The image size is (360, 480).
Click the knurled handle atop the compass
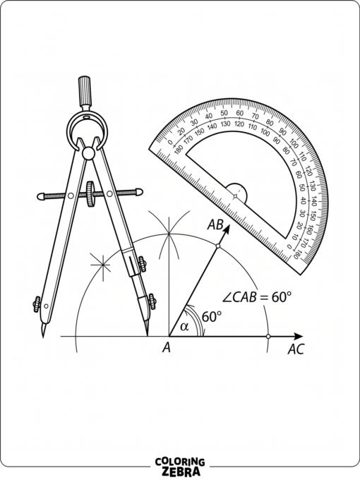pos(85,91)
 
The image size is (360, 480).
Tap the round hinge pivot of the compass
pos(88,153)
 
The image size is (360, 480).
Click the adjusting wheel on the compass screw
pos(90,194)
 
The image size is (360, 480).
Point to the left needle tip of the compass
pos(43,336)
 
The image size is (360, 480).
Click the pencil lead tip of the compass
pos(148,335)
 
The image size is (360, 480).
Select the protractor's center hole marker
pos(235,196)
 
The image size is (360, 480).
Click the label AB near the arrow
pos(215,225)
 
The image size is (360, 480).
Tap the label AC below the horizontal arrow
pos(296,349)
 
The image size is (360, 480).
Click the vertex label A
pos(166,348)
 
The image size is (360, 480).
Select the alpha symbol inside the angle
pos(184,327)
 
